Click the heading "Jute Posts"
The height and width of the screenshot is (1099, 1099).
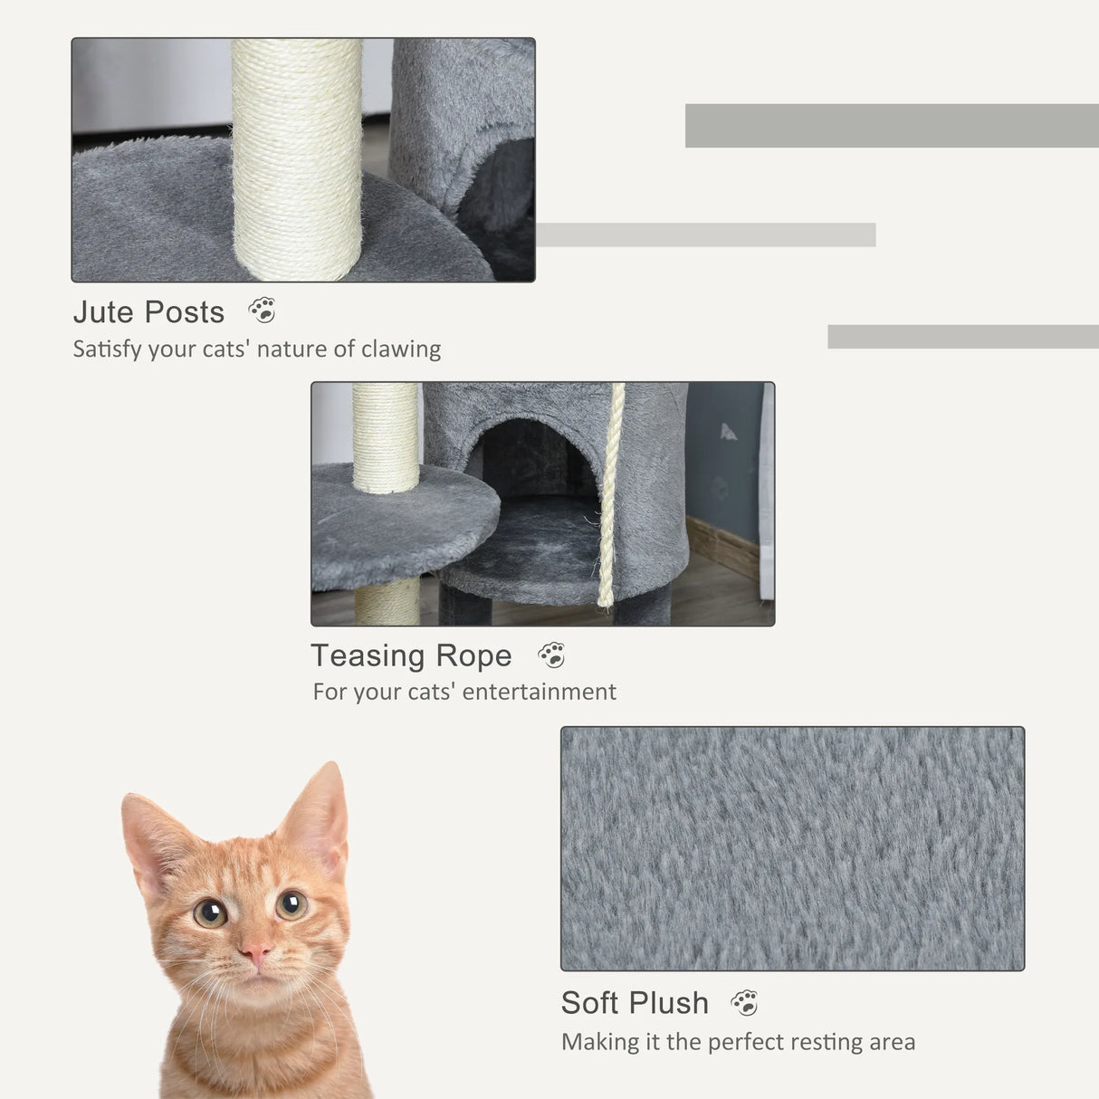coord(148,312)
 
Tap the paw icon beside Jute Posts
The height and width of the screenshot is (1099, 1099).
coord(263,311)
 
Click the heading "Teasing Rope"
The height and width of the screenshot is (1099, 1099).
coord(411,655)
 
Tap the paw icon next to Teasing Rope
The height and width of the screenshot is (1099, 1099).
coord(551,655)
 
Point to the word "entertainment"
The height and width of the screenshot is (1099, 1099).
coord(540,692)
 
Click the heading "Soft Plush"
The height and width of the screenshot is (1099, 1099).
coord(635,1003)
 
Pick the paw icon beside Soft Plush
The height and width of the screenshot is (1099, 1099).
coord(744,1002)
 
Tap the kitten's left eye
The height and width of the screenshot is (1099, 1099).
coord(210,913)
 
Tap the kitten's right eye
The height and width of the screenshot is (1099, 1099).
coord(291,903)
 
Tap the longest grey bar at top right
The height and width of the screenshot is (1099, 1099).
coord(892,126)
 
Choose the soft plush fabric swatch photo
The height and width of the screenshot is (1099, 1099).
coord(792,848)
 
